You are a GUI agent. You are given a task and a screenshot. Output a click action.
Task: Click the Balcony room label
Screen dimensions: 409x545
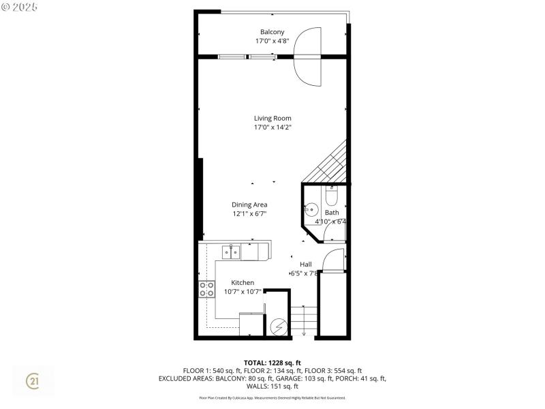[x=272, y=32]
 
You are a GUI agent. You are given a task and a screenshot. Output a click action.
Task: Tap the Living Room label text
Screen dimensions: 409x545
[x=272, y=118]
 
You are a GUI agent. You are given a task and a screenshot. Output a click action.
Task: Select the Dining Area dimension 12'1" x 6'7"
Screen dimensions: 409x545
[x=249, y=213]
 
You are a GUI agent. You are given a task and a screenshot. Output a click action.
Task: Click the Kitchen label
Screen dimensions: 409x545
[x=243, y=282]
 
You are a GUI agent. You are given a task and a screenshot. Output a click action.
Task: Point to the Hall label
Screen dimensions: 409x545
[x=306, y=264]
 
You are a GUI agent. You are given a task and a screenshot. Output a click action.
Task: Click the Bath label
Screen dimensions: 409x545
[x=331, y=213]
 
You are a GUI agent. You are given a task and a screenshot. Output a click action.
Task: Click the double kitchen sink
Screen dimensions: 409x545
[x=230, y=252]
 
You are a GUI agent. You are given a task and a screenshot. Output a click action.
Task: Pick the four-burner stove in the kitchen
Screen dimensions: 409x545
[x=206, y=289]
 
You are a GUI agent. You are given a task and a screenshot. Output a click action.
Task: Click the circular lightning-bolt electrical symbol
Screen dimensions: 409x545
[x=277, y=328]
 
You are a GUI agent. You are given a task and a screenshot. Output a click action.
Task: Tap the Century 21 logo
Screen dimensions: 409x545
[x=33, y=382]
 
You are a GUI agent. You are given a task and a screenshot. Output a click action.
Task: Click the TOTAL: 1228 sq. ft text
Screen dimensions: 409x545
[x=272, y=362]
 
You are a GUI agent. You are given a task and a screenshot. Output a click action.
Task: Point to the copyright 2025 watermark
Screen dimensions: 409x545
[x=20, y=6]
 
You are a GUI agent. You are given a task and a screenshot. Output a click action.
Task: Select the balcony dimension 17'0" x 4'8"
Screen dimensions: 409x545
[x=272, y=41]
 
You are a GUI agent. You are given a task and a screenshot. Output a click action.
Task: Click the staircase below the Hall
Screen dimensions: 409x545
[x=305, y=321]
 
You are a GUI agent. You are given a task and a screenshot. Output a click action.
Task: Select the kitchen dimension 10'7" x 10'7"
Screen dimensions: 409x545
[x=243, y=292]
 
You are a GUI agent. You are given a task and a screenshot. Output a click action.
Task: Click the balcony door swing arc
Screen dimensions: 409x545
[x=308, y=56]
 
